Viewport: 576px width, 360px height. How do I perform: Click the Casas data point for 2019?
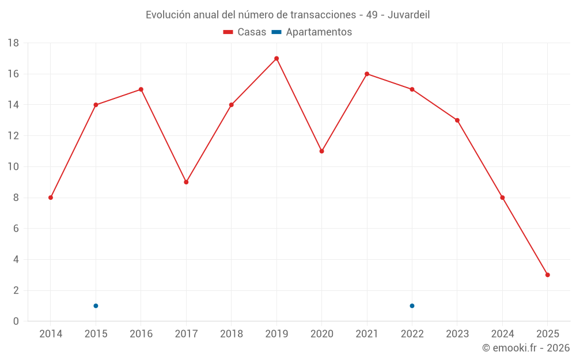tap(276, 58)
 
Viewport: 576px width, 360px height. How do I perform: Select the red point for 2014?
tap(51, 198)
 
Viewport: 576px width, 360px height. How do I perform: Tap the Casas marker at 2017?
tap(186, 182)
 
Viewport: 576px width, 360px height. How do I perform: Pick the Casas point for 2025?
tap(548, 275)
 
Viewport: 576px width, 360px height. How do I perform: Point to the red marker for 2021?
tap(367, 74)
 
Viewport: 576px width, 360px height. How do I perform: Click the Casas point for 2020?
tap(321, 151)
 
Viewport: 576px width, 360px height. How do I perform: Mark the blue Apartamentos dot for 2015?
tap(96, 306)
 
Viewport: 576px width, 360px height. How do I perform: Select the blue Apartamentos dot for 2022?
tap(412, 306)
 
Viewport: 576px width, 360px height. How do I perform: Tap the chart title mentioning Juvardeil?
tap(287, 14)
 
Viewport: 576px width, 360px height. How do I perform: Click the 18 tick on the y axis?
tap(13, 43)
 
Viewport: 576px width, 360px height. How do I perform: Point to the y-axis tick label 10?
tap(13, 167)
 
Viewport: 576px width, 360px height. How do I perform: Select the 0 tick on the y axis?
tap(16, 321)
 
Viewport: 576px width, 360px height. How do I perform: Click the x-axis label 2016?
tap(141, 334)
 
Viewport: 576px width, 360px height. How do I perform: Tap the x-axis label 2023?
tap(457, 334)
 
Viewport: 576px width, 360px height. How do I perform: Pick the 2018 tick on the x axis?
tap(232, 334)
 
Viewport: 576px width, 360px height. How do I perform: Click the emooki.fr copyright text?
tap(526, 348)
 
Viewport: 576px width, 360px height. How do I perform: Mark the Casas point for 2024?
tap(502, 198)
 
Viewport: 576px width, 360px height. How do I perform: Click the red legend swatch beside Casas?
tap(228, 32)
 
